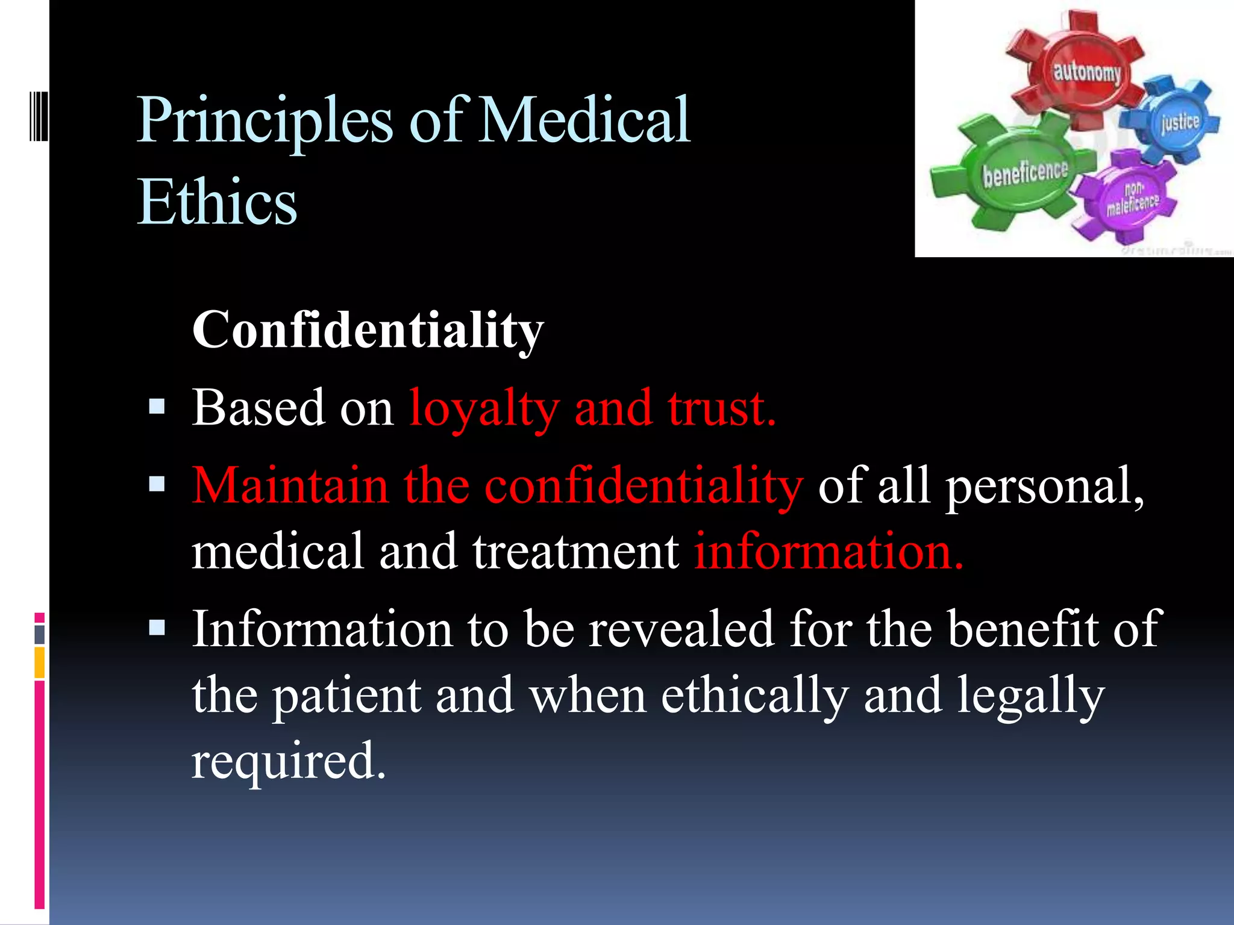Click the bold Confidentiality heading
pos(368,330)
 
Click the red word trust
pos(720,408)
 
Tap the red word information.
pos(828,551)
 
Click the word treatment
pos(575,551)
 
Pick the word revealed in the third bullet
pos(681,629)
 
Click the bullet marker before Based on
pos(157,408)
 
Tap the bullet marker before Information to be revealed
pos(157,629)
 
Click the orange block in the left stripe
pos(40,662)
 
